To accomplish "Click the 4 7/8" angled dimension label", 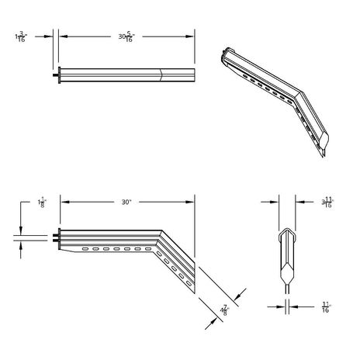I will point(224,310).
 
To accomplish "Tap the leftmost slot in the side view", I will point(82,249).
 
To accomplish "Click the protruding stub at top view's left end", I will point(57,75).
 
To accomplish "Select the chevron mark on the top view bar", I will point(161,75).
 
